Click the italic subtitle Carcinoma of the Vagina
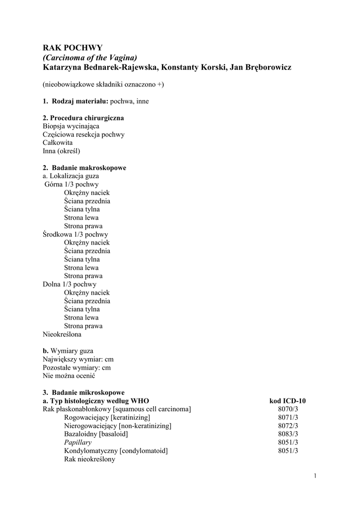click(89, 58)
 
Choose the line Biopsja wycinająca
click(71, 126)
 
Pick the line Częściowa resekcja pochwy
click(83, 134)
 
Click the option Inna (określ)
click(62, 151)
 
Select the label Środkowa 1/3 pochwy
click(75, 234)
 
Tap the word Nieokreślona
click(62, 334)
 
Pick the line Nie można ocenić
click(69, 376)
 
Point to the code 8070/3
click(288, 409)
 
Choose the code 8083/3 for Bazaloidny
click(288, 434)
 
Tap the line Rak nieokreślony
click(89, 459)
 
